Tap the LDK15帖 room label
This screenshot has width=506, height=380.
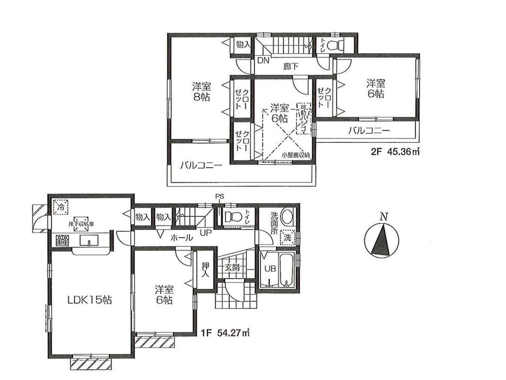pos(90,300)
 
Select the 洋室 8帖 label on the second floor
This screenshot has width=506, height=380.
pos(201,91)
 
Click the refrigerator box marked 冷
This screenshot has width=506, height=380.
pos(61,207)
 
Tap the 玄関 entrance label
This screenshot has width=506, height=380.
pos(233,268)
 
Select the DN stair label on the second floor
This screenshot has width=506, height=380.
pos(262,61)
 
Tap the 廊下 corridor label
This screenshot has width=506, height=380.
pos(290,66)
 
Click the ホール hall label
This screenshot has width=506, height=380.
pos(181,237)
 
